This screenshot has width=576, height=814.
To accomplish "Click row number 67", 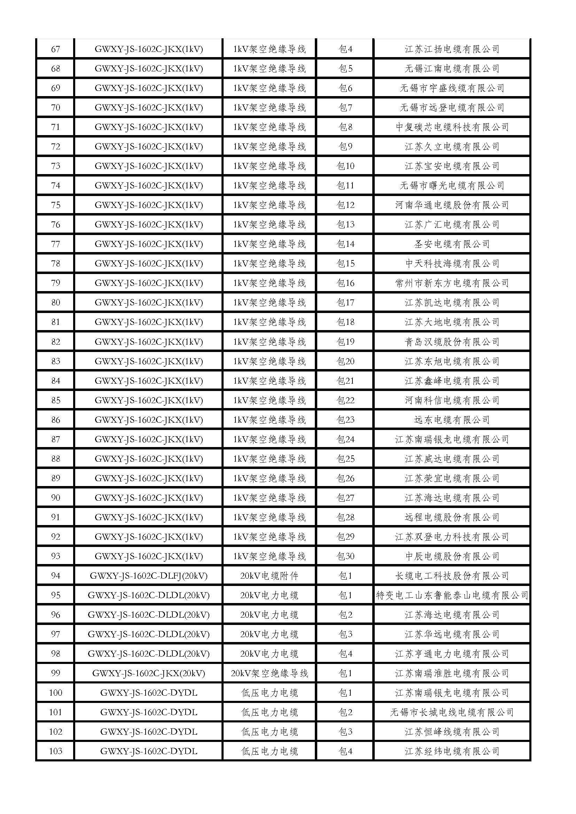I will (x=56, y=49).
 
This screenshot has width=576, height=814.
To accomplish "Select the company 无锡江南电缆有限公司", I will (x=452, y=69).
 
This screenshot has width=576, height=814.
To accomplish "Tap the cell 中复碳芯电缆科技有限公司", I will (x=452, y=127).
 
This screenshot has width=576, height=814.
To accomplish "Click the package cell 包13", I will (x=345, y=225).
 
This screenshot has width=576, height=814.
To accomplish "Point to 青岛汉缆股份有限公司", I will (x=452, y=342).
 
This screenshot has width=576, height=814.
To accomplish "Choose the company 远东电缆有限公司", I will (x=452, y=420).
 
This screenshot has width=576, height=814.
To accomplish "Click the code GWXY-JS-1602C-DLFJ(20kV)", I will (x=149, y=576).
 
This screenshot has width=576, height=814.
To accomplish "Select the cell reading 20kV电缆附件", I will (x=269, y=576).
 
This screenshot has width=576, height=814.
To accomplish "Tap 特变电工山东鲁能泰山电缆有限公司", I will (x=452, y=595).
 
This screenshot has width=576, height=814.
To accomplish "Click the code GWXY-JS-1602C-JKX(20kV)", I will (x=149, y=673).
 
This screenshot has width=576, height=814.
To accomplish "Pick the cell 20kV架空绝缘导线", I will (x=269, y=673).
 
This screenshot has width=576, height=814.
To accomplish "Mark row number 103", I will (x=56, y=751).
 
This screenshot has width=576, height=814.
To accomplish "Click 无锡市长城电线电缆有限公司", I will (x=452, y=712).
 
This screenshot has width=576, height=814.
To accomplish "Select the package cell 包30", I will (x=345, y=556).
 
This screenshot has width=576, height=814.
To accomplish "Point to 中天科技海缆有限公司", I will (x=452, y=264).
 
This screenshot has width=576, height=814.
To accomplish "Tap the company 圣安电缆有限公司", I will (x=452, y=244).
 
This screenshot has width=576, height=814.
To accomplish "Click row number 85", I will (x=56, y=400).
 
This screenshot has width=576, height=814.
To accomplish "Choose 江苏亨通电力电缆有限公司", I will (x=452, y=654).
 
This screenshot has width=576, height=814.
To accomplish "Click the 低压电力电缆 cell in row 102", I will (x=269, y=732).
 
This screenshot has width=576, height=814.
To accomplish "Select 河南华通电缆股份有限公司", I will (x=452, y=205).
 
